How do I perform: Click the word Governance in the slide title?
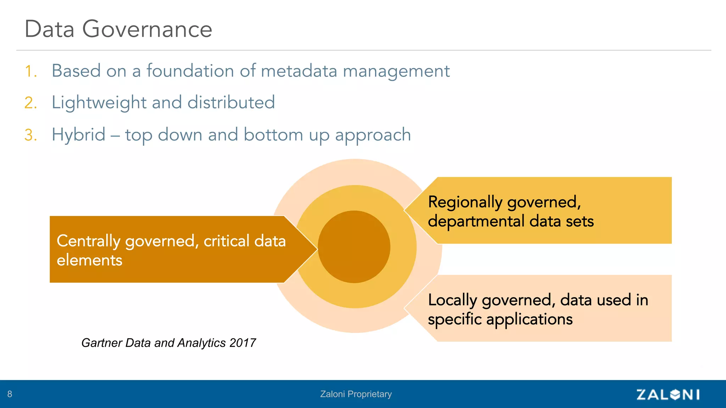(147, 29)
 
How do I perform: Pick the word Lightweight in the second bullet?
(99, 103)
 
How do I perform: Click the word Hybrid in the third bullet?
(79, 135)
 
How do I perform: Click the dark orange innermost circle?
(354, 247)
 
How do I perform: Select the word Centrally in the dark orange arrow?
(89, 242)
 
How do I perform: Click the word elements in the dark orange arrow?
(89, 260)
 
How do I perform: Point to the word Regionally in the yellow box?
(465, 203)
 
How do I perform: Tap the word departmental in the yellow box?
(476, 221)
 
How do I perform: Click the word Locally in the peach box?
(452, 300)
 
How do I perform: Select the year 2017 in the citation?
(242, 343)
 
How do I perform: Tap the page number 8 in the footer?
(10, 394)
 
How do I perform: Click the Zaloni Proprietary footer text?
(356, 394)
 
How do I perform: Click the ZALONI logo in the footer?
(668, 394)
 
